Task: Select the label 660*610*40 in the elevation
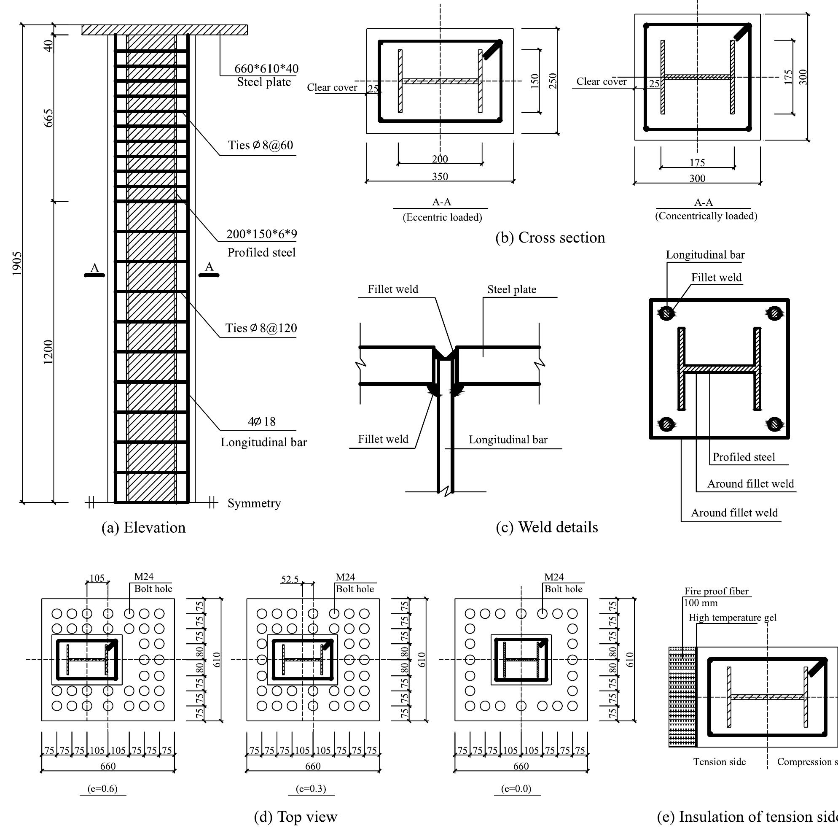[x=266, y=69]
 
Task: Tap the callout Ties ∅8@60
[x=261, y=146]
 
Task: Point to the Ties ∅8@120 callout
[x=261, y=328]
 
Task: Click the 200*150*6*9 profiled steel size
[x=261, y=235]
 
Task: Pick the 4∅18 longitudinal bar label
[x=261, y=421]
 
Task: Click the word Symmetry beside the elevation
[x=254, y=503]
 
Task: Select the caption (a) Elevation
[x=144, y=528]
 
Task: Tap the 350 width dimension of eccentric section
[x=440, y=177]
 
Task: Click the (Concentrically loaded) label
[x=706, y=216]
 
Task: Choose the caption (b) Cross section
[x=550, y=238]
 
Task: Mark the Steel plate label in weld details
[x=511, y=290]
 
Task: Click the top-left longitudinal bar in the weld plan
[x=667, y=313]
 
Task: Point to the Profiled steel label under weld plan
[x=744, y=457]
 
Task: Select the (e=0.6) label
[x=102, y=788]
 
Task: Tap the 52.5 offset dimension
[x=290, y=579]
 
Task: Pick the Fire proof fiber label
[x=716, y=591]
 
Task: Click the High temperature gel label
[x=732, y=618]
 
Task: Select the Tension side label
[x=719, y=762]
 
